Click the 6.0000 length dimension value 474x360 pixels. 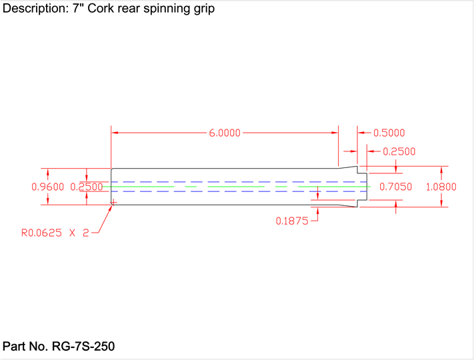click(225, 133)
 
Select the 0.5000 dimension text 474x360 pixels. click(389, 133)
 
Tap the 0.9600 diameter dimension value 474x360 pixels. click(48, 187)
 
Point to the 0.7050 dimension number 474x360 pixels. click(396, 187)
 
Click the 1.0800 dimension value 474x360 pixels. click(441, 187)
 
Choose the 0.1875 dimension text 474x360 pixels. click(292, 221)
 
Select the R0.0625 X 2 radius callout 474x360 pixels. click(55, 233)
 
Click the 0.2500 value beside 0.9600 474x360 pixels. click(87, 187)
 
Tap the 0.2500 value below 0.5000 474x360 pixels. click(399, 151)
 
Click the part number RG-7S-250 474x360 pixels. click(83, 347)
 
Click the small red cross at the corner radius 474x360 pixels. click(113, 201)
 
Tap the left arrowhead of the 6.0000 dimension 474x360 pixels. click(114, 133)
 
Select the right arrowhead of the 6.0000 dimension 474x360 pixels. click(335, 133)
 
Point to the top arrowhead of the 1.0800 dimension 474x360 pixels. click(441, 169)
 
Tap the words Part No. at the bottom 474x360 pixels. click(25, 347)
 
